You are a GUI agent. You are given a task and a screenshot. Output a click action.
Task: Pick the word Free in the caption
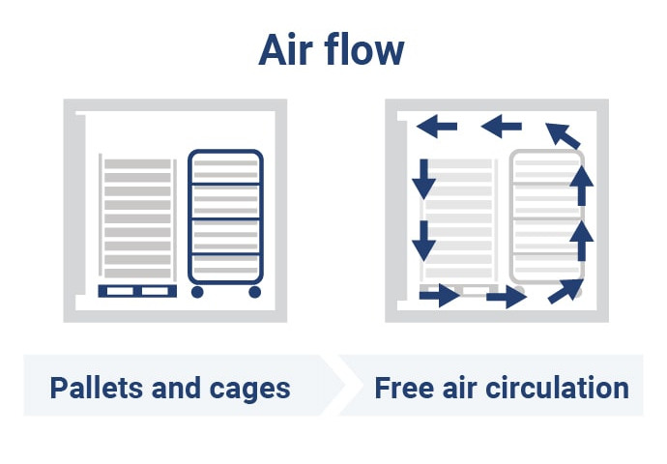(x=402, y=389)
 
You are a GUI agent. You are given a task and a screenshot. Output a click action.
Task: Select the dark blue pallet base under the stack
(x=137, y=291)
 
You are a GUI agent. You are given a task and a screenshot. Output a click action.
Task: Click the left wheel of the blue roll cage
(x=197, y=291)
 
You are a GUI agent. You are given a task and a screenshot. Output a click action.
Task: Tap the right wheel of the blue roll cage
(x=254, y=291)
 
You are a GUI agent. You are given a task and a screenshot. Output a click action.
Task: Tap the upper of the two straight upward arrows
(x=580, y=185)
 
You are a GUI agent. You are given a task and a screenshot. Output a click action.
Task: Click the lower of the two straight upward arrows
(x=580, y=241)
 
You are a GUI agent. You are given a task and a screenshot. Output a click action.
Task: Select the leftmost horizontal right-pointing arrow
(x=439, y=295)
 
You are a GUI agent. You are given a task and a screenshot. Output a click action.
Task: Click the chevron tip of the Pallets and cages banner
(x=342, y=385)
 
